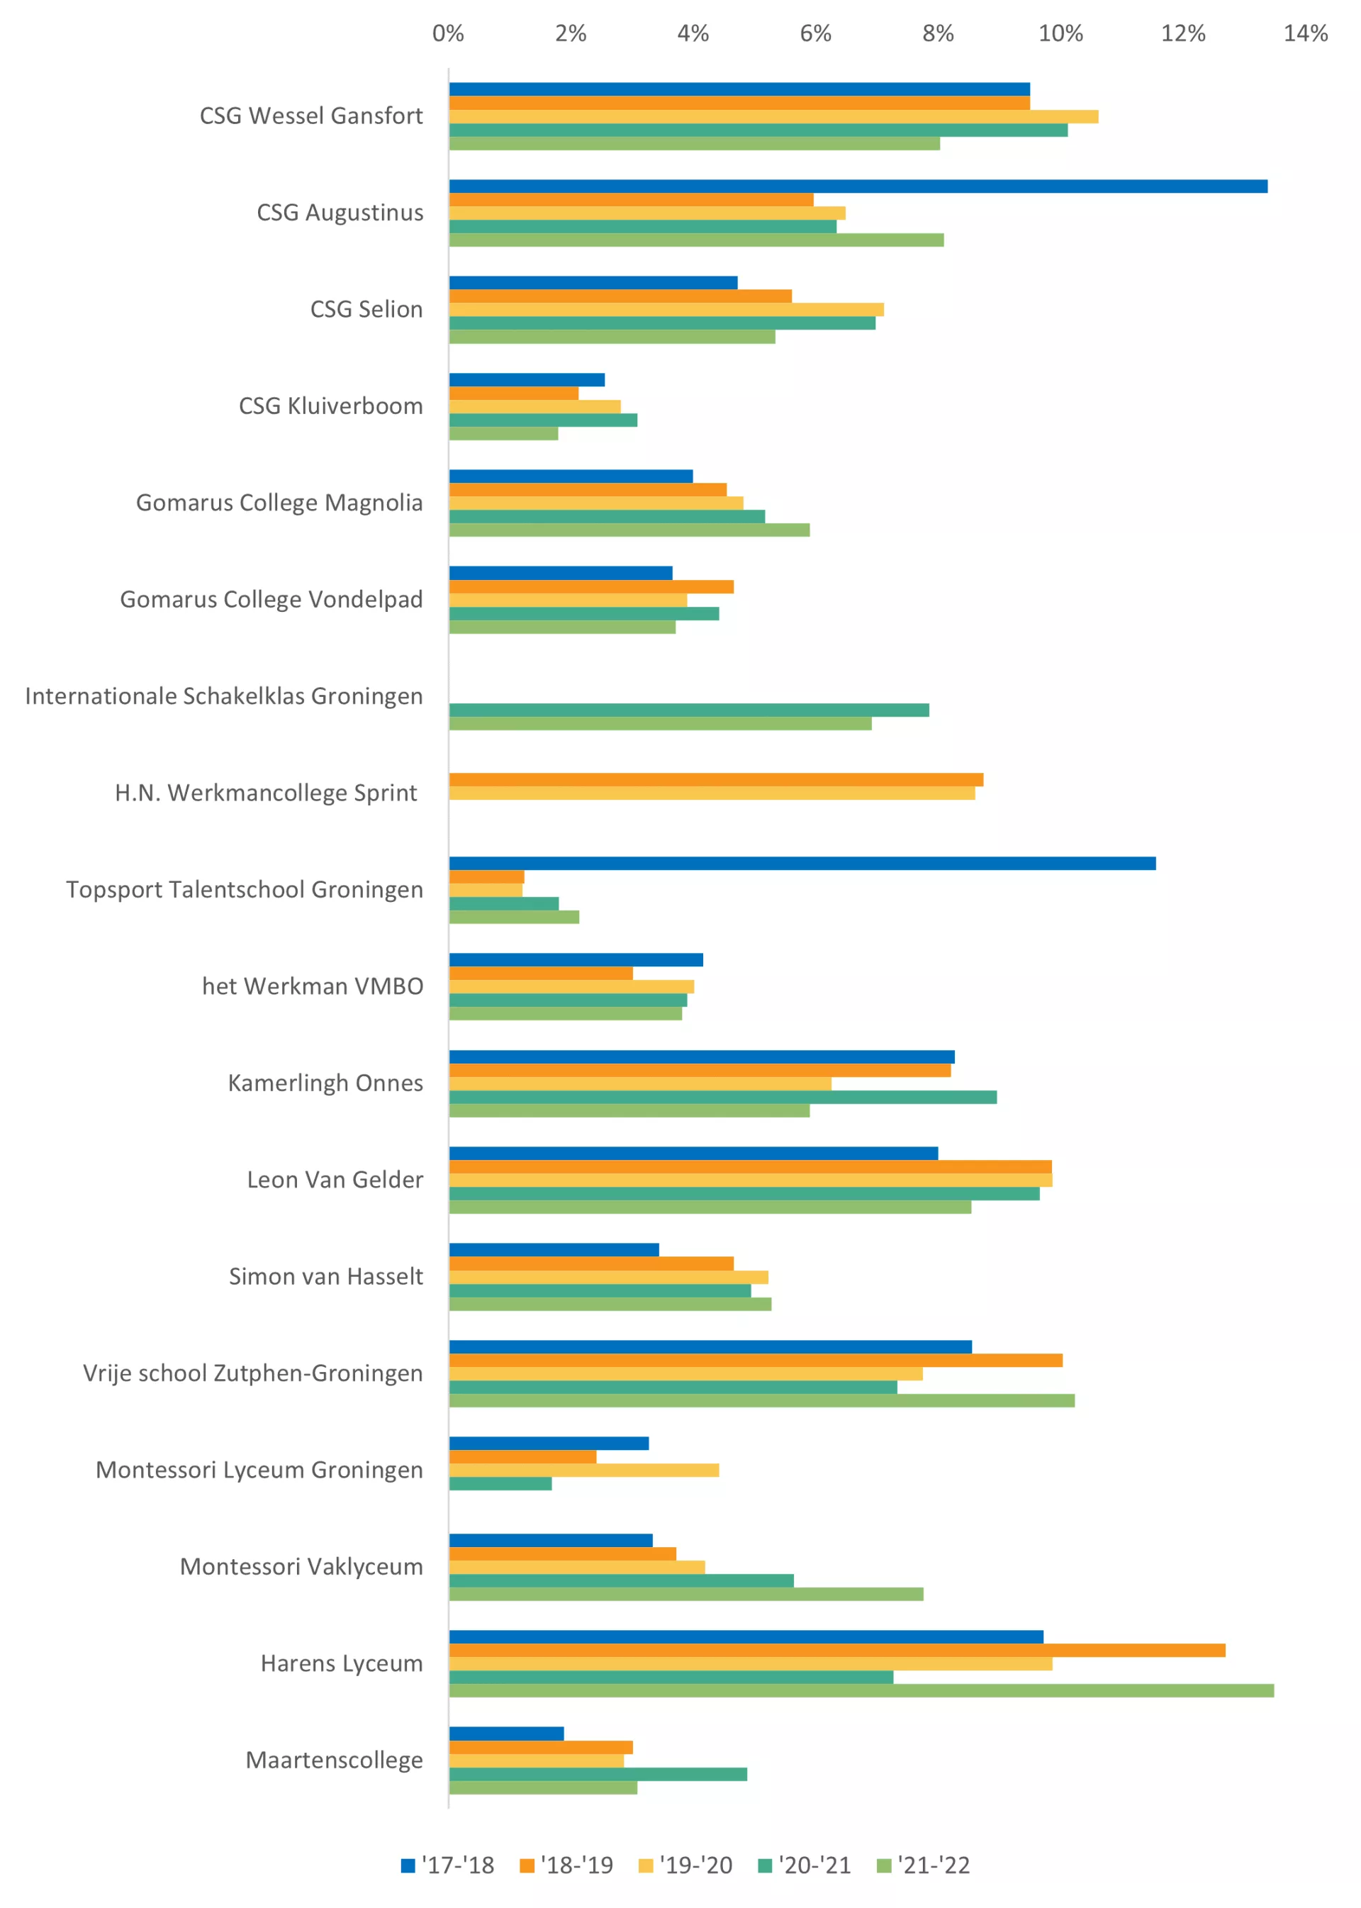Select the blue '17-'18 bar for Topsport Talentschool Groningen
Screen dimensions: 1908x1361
point(802,864)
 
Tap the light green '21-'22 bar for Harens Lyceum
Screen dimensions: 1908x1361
point(861,1691)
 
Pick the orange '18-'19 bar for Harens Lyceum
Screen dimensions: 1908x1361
point(836,1651)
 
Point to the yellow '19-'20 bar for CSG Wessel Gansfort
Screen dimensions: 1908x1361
point(773,116)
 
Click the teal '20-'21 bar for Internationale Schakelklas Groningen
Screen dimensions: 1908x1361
point(689,710)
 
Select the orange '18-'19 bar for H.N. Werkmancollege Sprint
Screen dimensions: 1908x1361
point(716,780)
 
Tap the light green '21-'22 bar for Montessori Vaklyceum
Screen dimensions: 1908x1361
point(685,1595)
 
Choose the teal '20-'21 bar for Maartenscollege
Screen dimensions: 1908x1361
point(598,1774)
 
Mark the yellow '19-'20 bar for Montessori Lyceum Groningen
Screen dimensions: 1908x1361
point(583,1471)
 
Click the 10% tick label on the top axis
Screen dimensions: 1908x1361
point(1060,33)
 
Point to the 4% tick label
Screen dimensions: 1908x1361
point(693,33)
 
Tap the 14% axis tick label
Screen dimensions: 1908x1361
point(1305,33)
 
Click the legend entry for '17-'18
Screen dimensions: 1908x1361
point(449,1865)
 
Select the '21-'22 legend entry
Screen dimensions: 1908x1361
point(924,1865)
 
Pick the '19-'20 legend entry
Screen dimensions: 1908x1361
point(685,1865)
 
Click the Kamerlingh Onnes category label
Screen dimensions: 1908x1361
point(325,1083)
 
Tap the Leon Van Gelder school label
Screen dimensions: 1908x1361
point(335,1180)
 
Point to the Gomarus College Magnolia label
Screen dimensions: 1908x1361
point(279,503)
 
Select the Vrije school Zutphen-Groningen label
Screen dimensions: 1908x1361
point(252,1373)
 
